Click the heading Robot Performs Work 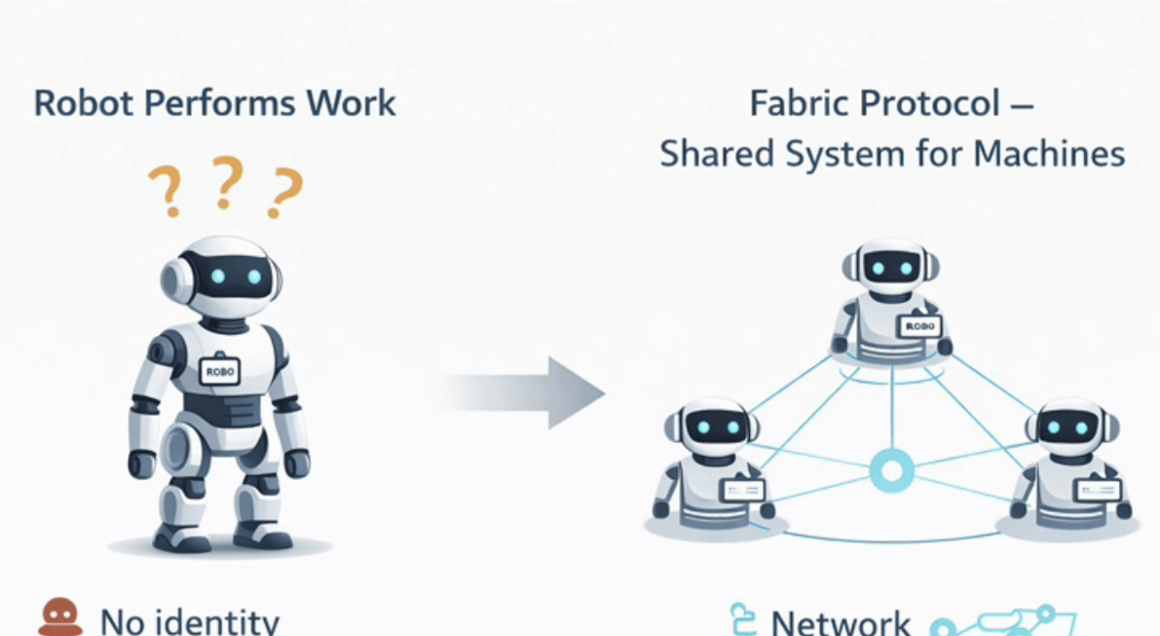[x=214, y=102]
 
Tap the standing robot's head [x=221, y=277]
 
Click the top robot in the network [x=891, y=297]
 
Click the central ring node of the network [x=890, y=472]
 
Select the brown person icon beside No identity [x=60, y=617]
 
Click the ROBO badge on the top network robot [x=919, y=327]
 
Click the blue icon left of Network [x=743, y=619]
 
